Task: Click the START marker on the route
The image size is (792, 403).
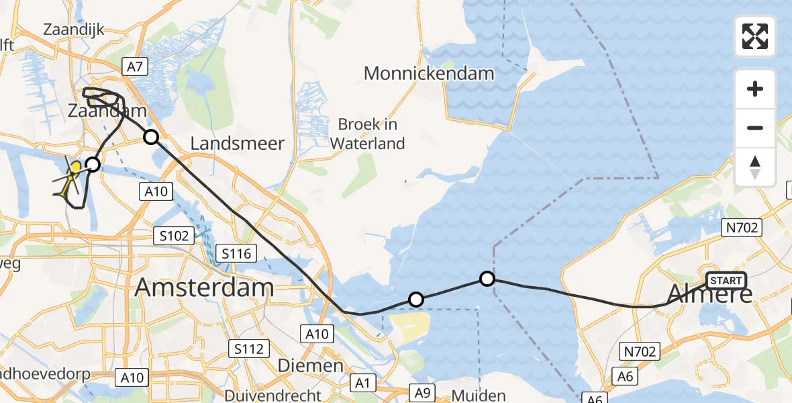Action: [726, 281]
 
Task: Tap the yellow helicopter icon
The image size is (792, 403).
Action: [70, 177]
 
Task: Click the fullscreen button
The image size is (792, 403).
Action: [755, 36]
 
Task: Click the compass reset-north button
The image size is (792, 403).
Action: [755, 167]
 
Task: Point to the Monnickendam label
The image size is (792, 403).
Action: [429, 73]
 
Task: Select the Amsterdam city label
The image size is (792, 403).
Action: [205, 288]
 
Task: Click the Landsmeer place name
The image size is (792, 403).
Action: [238, 143]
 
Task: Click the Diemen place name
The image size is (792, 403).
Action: [310, 366]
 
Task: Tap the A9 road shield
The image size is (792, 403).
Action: [422, 391]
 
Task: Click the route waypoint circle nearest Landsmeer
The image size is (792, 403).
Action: [152, 138]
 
